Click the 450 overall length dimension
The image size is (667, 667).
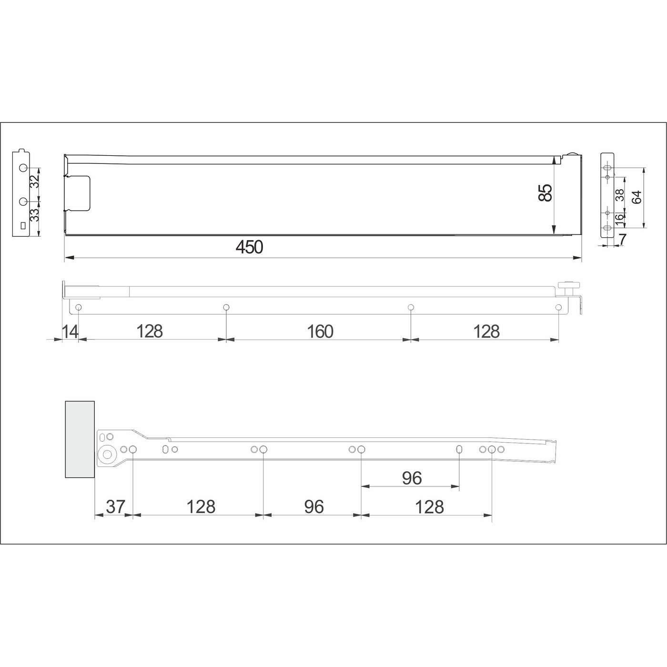[249, 247]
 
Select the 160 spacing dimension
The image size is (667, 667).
[320, 331]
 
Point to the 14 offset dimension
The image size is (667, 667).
[71, 331]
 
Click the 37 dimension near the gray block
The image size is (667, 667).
[115, 506]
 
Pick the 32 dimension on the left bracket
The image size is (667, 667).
[34, 182]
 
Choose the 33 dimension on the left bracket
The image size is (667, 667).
[34, 215]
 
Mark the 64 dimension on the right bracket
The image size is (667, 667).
[637, 197]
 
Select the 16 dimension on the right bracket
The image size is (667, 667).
[618, 218]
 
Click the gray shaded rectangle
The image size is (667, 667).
[80, 439]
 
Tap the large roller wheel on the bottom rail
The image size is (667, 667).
[107, 455]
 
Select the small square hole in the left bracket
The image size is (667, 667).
[21, 226]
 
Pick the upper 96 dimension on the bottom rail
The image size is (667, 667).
[412, 478]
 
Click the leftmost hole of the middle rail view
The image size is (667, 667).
[79, 307]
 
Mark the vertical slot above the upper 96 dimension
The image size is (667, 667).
[459, 449]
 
